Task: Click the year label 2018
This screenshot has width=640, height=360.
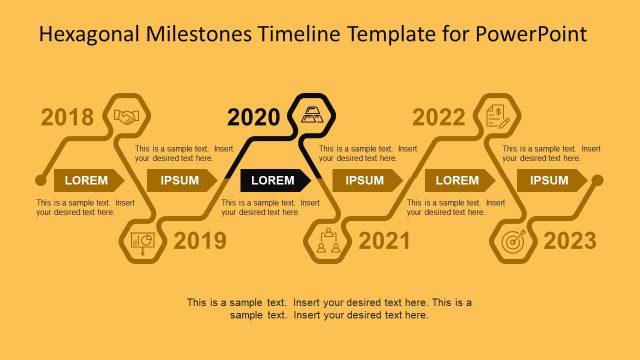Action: [67, 118]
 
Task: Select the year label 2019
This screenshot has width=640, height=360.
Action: [200, 240]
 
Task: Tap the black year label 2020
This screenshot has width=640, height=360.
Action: [254, 118]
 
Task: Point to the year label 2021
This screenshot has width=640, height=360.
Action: [384, 240]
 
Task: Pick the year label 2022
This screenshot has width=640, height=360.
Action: [439, 118]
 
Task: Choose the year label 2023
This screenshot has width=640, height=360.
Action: [570, 240]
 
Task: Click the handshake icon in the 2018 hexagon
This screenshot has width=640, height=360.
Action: [127, 116]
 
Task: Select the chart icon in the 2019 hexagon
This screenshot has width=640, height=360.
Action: [144, 241]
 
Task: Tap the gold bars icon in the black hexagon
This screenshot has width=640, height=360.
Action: [313, 113]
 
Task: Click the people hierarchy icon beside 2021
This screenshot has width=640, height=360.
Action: [327, 241]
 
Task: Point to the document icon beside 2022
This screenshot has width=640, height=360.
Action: [497, 116]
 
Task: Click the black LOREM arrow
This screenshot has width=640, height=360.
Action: [274, 180]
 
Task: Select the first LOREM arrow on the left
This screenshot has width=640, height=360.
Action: [88, 180]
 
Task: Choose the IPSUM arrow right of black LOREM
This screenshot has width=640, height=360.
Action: [367, 180]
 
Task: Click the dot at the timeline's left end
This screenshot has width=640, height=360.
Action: [40, 181]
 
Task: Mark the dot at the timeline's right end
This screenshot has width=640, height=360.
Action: [597, 181]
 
